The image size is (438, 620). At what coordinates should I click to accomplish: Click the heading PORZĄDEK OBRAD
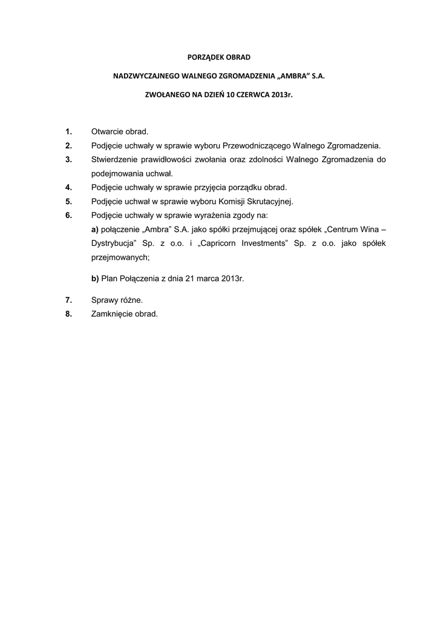click(218, 57)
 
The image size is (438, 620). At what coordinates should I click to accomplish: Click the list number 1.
click(69, 131)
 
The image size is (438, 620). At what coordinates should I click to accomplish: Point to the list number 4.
click(69, 187)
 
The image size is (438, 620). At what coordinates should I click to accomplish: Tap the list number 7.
click(69, 300)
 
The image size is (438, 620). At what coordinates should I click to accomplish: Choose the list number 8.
click(69, 314)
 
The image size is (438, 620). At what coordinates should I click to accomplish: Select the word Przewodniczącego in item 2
click(257, 145)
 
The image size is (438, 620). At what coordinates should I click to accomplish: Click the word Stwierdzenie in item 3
click(114, 159)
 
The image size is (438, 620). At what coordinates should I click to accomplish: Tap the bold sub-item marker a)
click(95, 229)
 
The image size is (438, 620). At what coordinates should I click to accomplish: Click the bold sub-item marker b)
click(95, 279)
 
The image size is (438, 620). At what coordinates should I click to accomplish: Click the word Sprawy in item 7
click(105, 300)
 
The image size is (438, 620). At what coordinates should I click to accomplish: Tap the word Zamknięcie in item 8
click(113, 314)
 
